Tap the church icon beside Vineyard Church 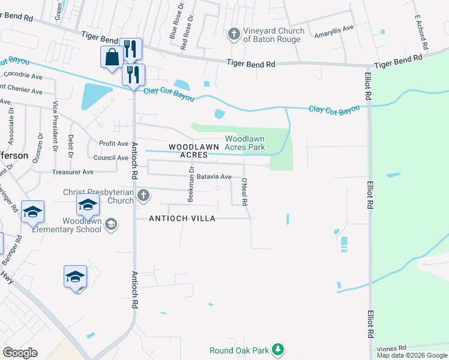click(x=234, y=33)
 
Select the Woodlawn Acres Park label click(x=245, y=143)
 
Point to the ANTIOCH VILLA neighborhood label click(x=182, y=219)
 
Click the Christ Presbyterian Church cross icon click(x=143, y=195)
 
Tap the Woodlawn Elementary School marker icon click(x=110, y=224)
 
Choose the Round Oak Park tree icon click(x=277, y=349)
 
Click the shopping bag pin click(x=112, y=58)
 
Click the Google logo click(x=20, y=353)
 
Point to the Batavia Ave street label click(x=214, y=177)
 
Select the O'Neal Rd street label click(x=245, y=191)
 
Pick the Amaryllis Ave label click(x=335, y=28)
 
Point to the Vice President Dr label click(x=55, y=126)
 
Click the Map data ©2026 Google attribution click(x=412, y=355)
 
